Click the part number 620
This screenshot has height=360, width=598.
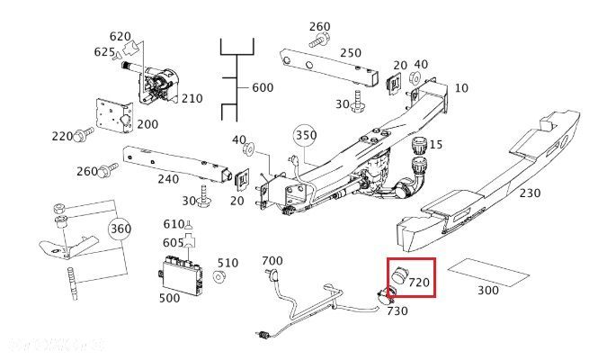(120, 36)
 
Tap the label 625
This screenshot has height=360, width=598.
(104, 52)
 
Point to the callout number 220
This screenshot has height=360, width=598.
(62, 137)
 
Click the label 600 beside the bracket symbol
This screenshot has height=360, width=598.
(262, 87)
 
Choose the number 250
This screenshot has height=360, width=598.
(351, 52)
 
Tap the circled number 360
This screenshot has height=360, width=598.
(120, 229)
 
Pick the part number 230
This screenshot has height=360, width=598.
(531, 193)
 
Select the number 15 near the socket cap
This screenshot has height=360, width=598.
(436, 144)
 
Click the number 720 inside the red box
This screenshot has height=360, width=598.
(420, 283)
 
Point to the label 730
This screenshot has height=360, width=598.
(397, 311)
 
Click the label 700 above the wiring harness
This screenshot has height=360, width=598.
(272, 261)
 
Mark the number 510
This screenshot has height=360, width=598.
(228, 263)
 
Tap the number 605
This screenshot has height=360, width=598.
(174, 243)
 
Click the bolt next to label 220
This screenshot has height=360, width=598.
(84, 136)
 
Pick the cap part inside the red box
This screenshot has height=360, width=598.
(398, 275)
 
